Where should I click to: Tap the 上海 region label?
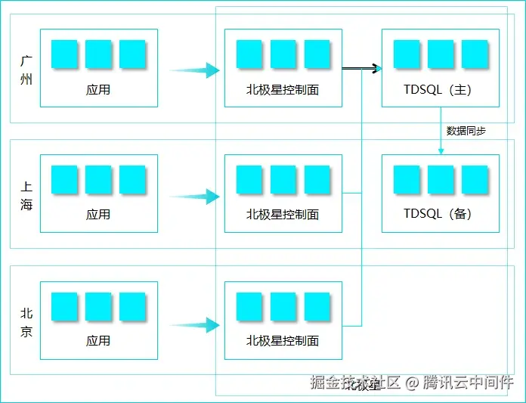pyautogui.click(x=26, y=194)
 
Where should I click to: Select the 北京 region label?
pyautogui.click(x=26, y=321)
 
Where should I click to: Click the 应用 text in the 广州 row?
pyautogui.click(x=98, y=89)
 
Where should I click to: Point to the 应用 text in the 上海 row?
pyautogui.click(x=98, y=215)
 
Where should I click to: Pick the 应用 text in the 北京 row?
pyautogui.click(x=98, y=341)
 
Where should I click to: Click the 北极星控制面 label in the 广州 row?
pyautogui.click(x=283, y=89)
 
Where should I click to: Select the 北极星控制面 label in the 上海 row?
pyautogui.click(x=283, y=215)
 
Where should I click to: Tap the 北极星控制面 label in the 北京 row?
pyautogui.click(x=283, y=341)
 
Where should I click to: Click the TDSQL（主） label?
pyautogui.click(x=440, y=89)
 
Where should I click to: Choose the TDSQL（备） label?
pyautogui.click(x=440, y=215)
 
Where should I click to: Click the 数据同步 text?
pyautogui.click(x=466, y=131)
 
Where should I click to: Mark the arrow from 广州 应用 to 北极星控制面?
pyautogui.click(x=194, y=70)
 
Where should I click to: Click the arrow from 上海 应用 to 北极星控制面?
pyautogui.click(x=194, y=197)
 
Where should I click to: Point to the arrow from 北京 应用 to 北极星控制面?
pyautogui.click(x=194, y=326)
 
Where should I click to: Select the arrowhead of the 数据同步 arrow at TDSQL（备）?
pyautogui.click(x=441, y=151)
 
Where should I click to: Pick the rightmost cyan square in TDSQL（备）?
pyautogui.click(x=475, y=181)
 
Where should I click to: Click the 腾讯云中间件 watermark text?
pyautogui.click(x=468, y=383)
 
